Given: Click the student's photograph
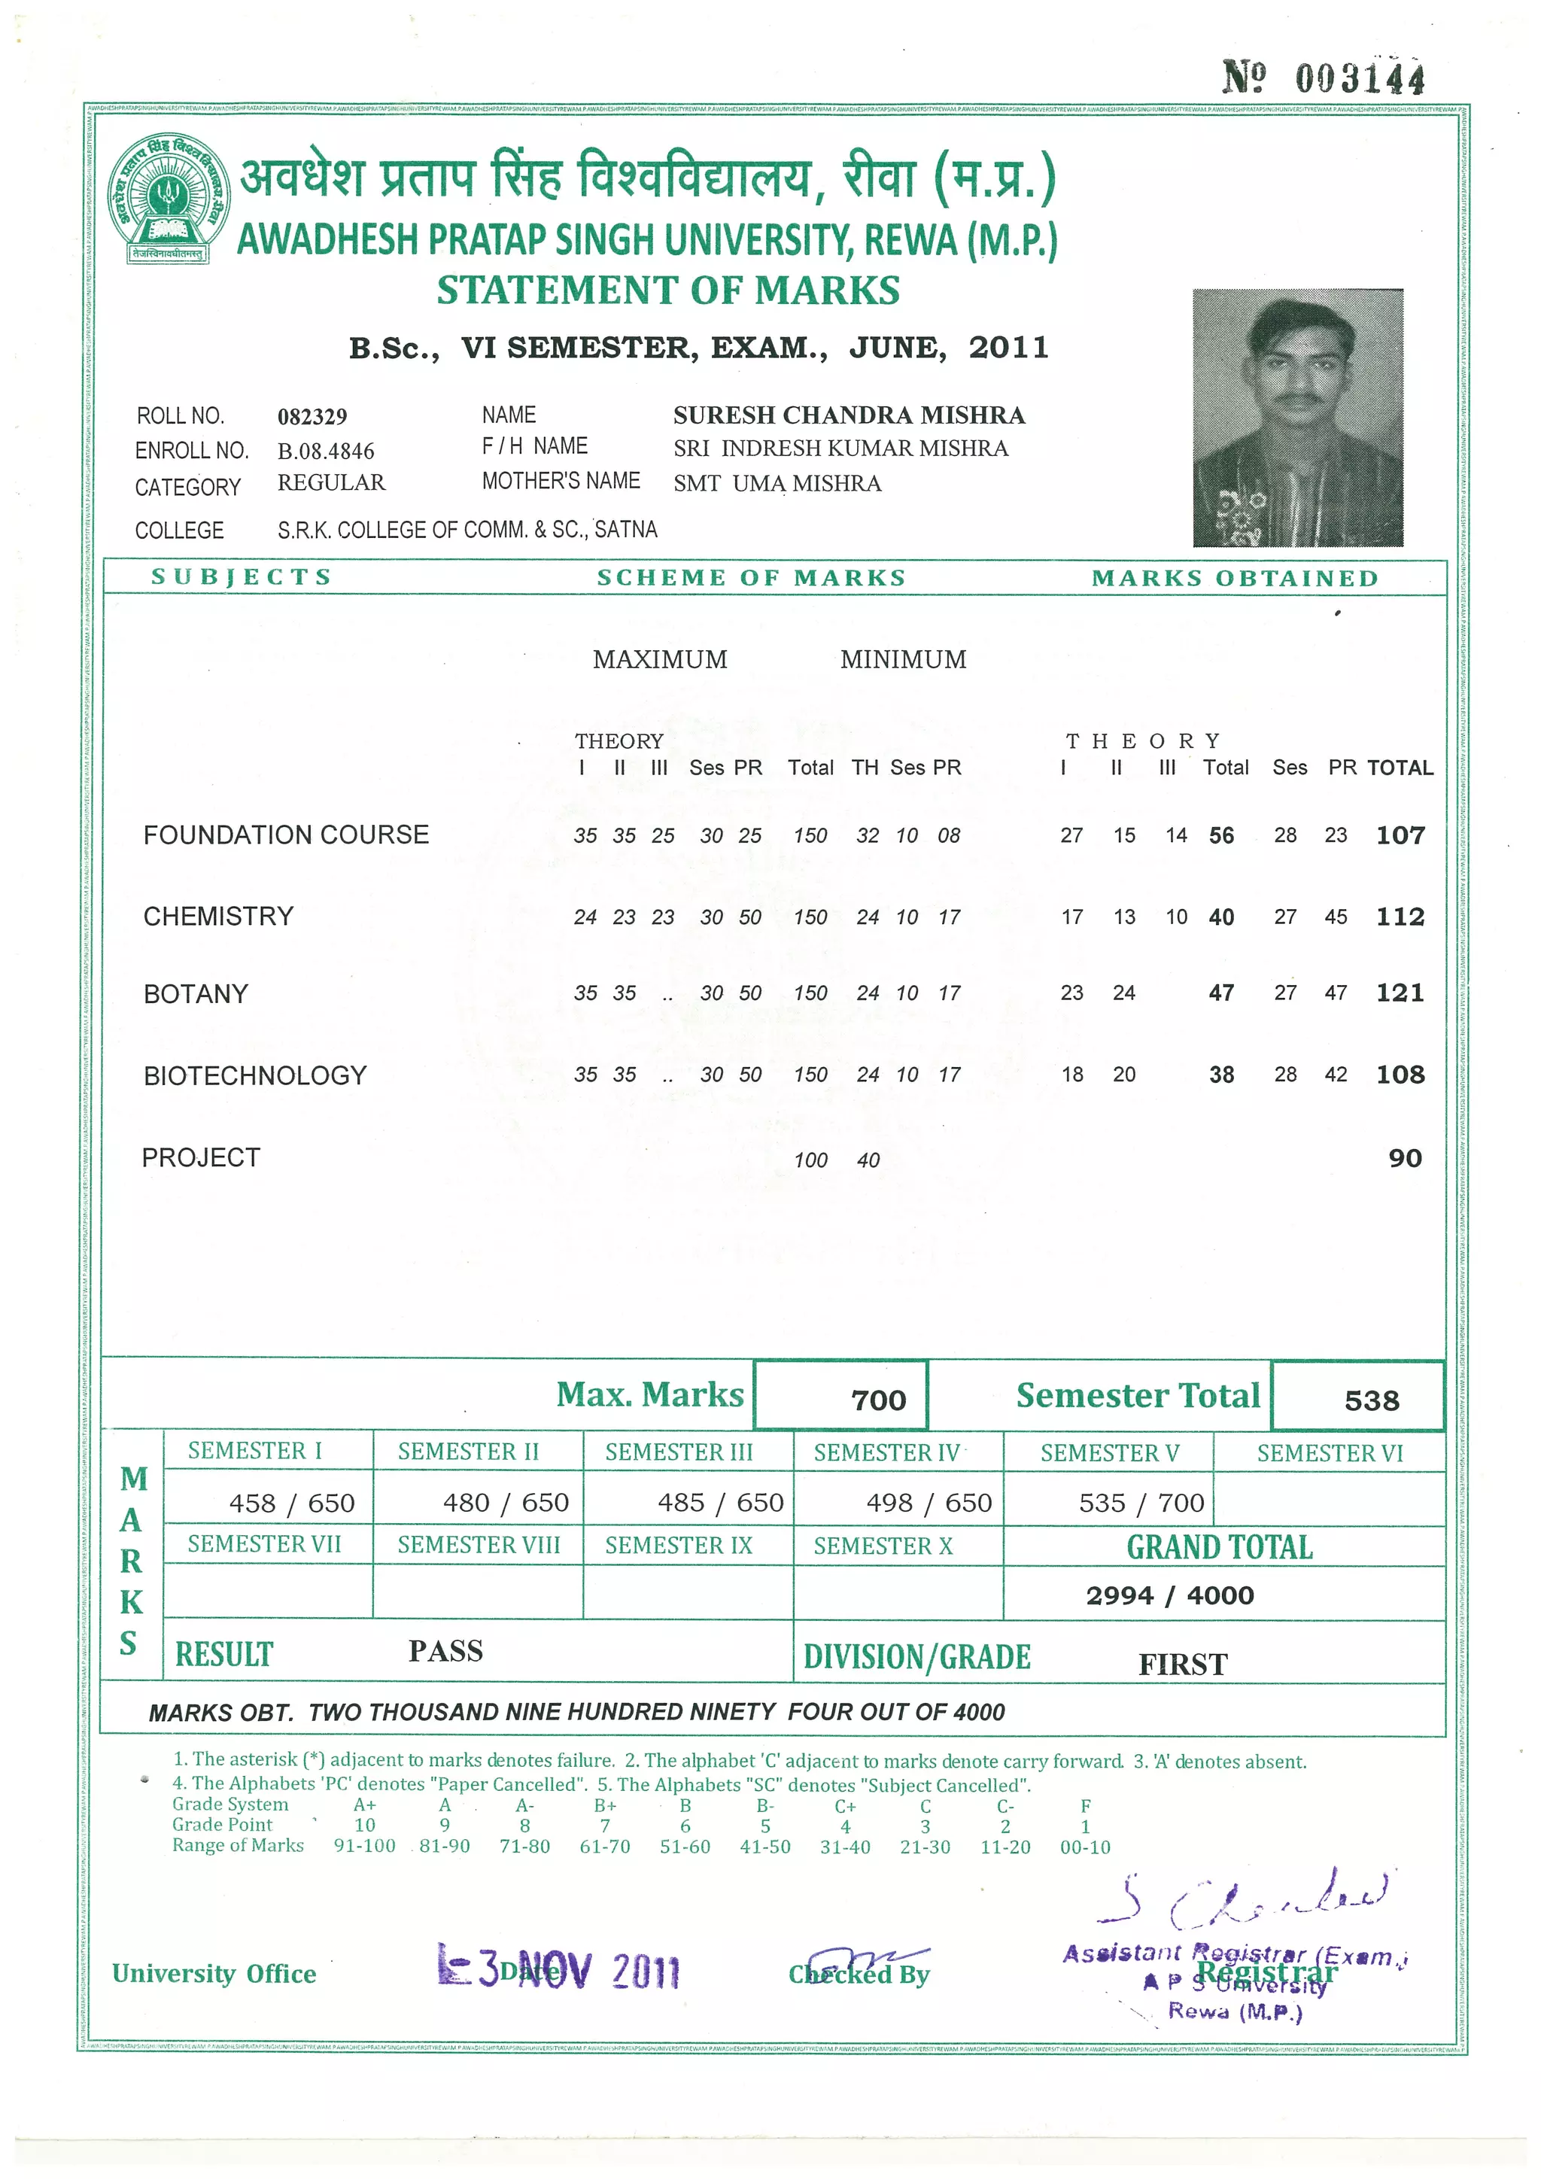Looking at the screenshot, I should [1297, 418].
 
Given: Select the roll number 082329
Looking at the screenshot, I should [312, 417].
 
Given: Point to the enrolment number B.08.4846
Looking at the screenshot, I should [326, 451].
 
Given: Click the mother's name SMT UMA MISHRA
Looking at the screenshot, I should [777, 483].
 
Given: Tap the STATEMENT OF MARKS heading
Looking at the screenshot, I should [667, 290].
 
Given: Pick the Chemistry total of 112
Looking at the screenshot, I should [1400, 917].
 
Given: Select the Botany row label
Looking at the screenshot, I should [196, 993].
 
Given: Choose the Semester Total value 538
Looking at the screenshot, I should [1371, 1400].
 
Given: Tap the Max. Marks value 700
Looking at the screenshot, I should [878, 1400].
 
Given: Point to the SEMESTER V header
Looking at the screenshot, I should [1109, 1452].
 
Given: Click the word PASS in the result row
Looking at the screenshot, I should [445, 1651].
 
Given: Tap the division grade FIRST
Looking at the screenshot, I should [1182, 1665].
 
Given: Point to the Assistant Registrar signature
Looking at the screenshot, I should [1245, 1899].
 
